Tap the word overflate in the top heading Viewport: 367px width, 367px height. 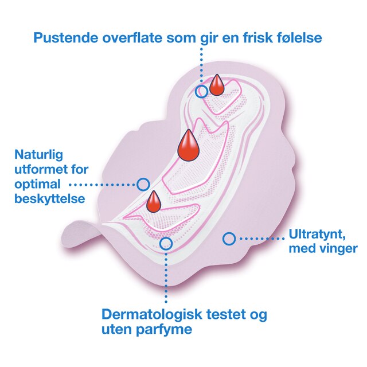[132, 38]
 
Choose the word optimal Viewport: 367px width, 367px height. [37, 185]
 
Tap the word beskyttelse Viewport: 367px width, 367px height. [50, 198]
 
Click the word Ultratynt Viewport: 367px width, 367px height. [317, 235]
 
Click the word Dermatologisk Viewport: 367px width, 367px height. [152, 314]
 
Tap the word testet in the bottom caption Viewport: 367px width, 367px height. [226, 314]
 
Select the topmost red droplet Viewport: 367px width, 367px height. [217, 85]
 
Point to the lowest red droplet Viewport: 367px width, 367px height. [154, 202]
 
